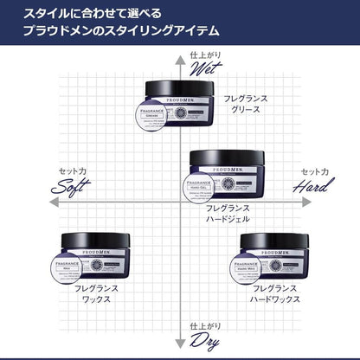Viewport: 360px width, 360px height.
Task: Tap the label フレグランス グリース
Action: point(246,105)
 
